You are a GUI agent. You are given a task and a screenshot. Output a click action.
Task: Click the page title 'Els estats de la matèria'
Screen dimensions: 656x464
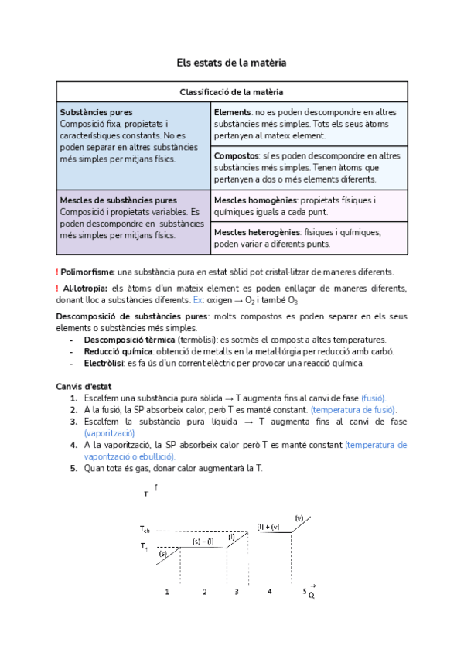[231, 62]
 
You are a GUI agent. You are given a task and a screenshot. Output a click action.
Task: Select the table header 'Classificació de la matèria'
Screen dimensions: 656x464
[231, 91]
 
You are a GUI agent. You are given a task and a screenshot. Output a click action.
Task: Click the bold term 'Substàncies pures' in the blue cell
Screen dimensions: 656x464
[95, 112]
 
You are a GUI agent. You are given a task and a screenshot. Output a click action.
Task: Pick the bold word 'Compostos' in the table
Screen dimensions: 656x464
[236, 155]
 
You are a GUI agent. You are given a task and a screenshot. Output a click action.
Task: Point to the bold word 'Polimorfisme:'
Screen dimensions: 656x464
[88, 272]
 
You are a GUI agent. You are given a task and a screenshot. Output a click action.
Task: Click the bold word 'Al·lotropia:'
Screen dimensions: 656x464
[84, 289]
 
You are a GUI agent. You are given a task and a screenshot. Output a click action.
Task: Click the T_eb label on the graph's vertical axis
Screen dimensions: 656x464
[145, 530]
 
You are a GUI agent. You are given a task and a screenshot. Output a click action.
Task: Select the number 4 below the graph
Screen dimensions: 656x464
[269, 592]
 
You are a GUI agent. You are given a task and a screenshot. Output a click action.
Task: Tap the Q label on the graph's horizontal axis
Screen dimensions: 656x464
[312, 594]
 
